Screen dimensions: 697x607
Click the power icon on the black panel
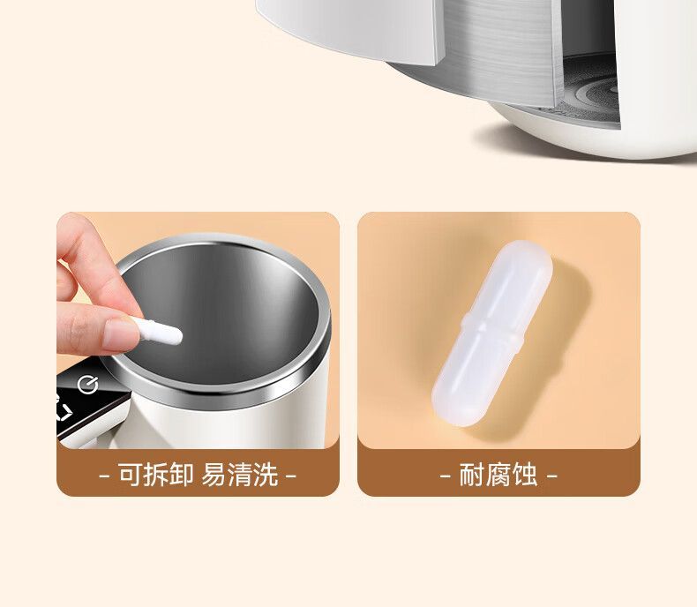[x=87, y=385]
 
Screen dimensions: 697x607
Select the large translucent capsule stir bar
[x=492, y=333]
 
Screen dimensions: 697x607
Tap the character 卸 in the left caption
[x=182, y=474]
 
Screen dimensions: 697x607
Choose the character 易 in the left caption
[x=214, y=474]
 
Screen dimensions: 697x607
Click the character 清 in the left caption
[x=239, y=474]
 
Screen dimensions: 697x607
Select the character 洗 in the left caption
[x=266, y=474]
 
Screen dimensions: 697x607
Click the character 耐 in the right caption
[x=473, y=474]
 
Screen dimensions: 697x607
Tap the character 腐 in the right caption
[x=498, y=474]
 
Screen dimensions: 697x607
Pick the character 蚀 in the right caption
[x=525, y=474]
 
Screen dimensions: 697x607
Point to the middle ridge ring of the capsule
[x=492, y=333]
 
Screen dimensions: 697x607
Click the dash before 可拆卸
[x=104, y=476]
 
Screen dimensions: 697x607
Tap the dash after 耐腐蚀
[x=551, y=476]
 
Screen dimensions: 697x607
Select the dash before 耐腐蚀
[x=446, y=476]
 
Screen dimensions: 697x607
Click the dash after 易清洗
[x=290, y=476]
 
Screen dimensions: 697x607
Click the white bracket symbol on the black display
[x=65, y=411]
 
